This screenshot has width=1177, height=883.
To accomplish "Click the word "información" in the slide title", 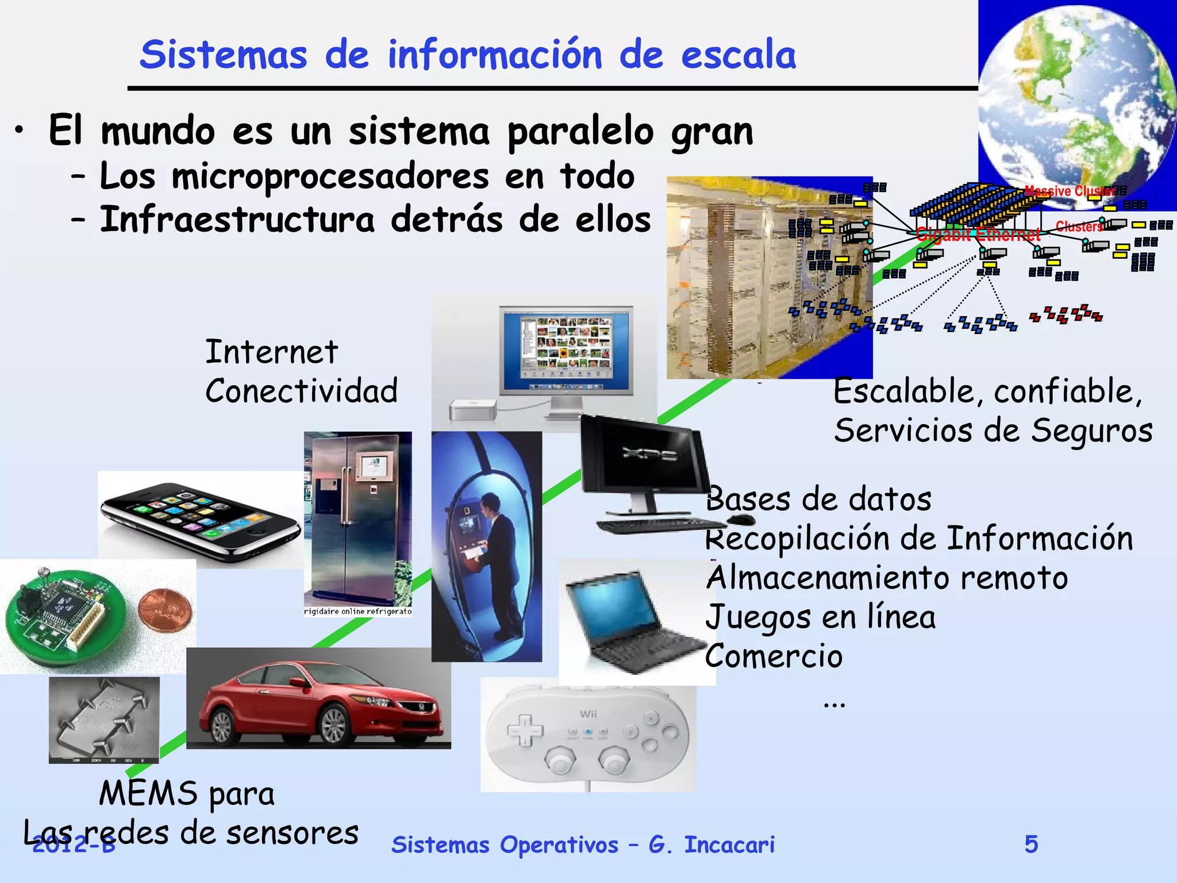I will click(x=495, y=55).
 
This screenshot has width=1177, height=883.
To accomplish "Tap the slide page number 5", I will click(x=1031, y=844).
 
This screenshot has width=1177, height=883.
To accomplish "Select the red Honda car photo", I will click(x=318, y=698).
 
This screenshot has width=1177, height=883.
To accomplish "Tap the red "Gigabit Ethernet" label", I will click(x=978, y=235).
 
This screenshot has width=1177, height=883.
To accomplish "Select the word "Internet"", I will click(x=271, y=352).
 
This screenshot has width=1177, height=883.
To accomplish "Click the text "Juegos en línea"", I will click(x=821, y=617).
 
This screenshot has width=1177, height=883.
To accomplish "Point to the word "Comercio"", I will click(x=774, y=656).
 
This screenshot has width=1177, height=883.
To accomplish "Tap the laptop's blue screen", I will click(x=609, y=604).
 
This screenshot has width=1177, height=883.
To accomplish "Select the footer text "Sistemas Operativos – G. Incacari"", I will click(x=583, y=844).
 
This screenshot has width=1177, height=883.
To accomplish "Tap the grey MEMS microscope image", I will click(x=104, y=719).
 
